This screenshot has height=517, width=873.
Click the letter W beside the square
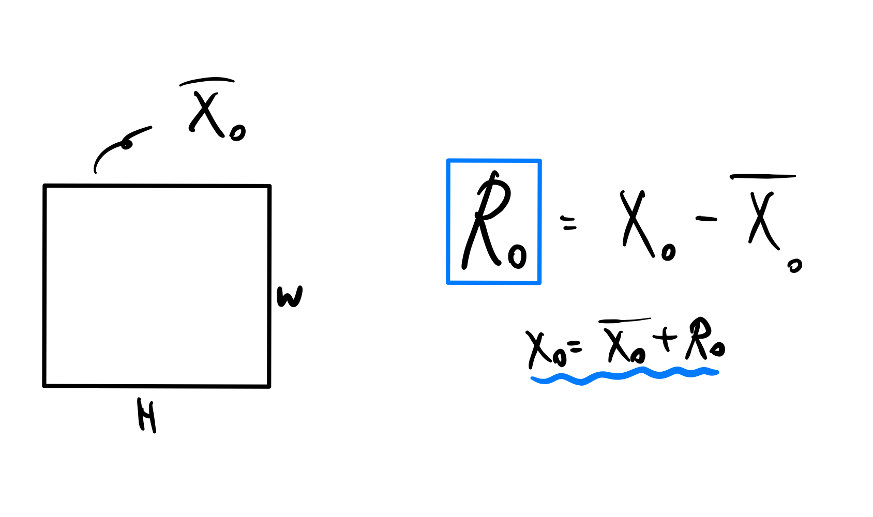(290, 297)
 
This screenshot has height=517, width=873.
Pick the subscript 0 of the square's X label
(238, 133)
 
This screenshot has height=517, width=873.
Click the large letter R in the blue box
(486, 220)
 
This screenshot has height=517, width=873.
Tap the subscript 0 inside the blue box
(518, 255)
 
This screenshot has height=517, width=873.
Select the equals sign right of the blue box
(569, 223)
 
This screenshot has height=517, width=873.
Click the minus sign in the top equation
(706, 219)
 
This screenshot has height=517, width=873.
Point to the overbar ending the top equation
(763, 177)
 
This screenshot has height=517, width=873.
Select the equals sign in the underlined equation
(574, 347)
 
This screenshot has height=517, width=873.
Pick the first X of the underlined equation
(538, 347)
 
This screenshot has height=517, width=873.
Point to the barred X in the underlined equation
(618, 345)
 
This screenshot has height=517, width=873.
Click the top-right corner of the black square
(269, 186)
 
